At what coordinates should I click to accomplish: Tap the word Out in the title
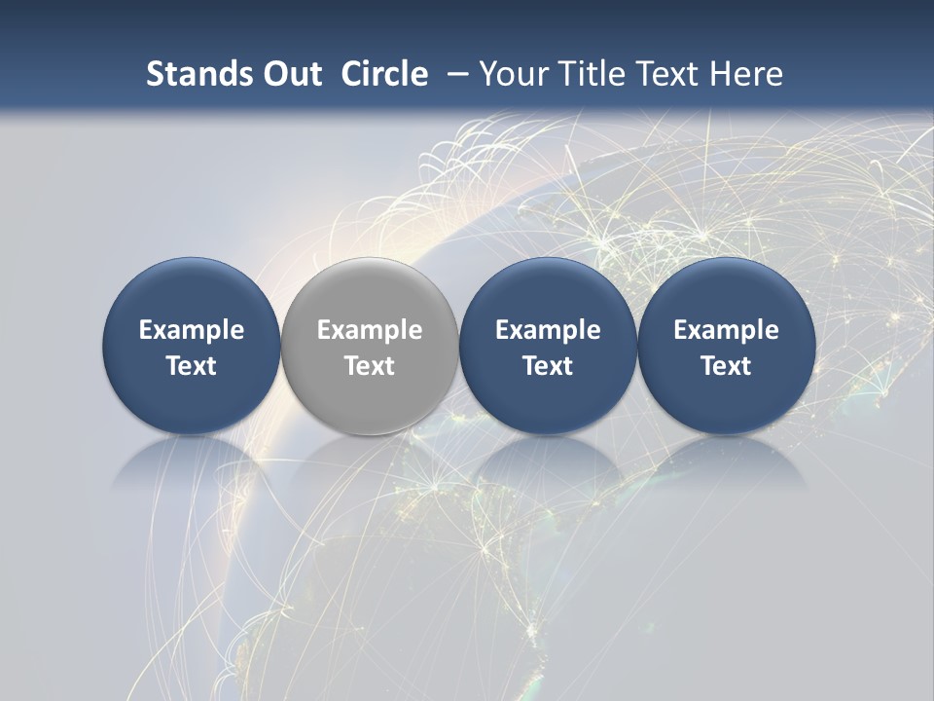coord(290,74)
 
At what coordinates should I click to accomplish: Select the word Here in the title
coord(745,74)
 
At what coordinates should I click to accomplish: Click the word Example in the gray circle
coord(370,330)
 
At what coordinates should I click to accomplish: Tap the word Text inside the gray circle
coord(370,366)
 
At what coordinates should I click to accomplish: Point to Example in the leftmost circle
coord(191,330)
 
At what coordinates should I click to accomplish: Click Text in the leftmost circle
coord(191,366)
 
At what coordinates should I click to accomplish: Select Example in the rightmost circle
coord(726,330)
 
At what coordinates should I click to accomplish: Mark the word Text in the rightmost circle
coord(726,366)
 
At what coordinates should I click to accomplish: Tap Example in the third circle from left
coord(548,330)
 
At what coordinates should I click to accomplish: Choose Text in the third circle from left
coord(548,366)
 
